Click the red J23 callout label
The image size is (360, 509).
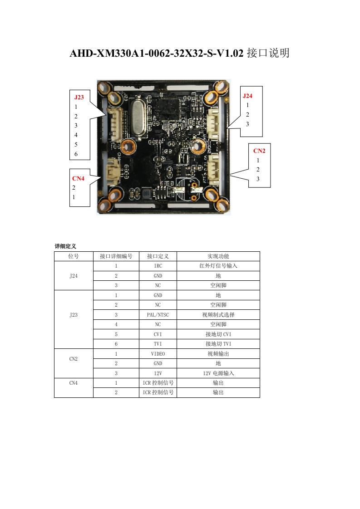point(79,97)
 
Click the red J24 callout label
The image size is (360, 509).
point(247,96)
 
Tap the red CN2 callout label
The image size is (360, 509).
point(259,151)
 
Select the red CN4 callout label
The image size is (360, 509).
point(78,178)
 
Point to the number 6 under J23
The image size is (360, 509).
point(76,154)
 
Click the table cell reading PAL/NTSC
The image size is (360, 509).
point(158,315)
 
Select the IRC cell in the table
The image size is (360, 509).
point(158,266)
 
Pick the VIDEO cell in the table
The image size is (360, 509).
point(158,354)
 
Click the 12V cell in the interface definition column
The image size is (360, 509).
point(158,373)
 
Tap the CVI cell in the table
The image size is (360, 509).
point(158,334)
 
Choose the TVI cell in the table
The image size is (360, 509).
point(158,344)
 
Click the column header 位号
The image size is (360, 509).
point(74,256)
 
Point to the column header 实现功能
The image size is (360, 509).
point(218,256)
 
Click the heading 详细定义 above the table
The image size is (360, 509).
point(65,246)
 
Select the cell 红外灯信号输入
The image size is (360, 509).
point(218,266)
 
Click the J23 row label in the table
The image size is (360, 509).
point(74,315)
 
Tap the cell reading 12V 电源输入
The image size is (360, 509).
point(218,373)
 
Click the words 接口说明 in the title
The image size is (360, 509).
point(268,54)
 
